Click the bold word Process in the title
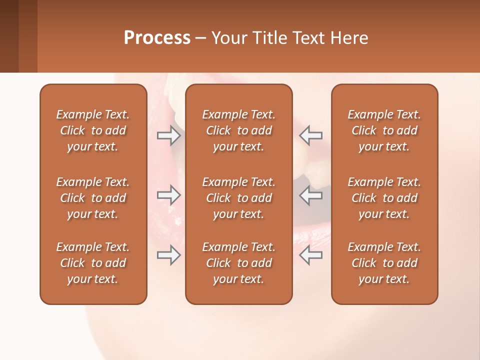pos(157,38)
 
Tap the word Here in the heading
pos(348,38)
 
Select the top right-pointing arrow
pos(168,135)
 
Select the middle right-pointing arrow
pos(168,195)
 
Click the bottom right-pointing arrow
pos(168,255)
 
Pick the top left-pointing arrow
pos(311,135)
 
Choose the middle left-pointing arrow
pos(311,195)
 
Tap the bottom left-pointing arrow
pos(311,255)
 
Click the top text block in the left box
pos(93,130)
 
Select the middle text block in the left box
pos(93,198)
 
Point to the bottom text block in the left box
pos(93,263)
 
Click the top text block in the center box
pos(238,130)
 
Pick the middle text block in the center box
pos(238,198)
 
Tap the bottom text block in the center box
pos(238,263)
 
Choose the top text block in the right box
pos(384,130)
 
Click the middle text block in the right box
pos(384,198)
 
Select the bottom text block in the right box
pos(384,263)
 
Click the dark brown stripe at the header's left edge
pos(9,36)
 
